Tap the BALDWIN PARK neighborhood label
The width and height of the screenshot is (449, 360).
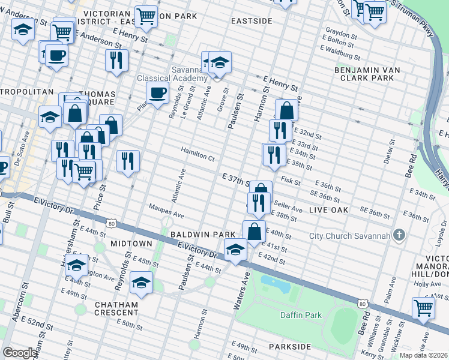click(x=195, y=234)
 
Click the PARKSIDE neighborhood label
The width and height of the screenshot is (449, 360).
click(x=290, y=347)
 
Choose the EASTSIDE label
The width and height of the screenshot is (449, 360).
click(x=252, y=21)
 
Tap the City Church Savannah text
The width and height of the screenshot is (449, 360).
click(x=350, y=235)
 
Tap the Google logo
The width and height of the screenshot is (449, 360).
click(x=20, y=353)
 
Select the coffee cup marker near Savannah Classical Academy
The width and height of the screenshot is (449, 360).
click(x=158, y=93)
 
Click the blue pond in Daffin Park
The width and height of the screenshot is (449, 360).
click(x=275, y=282)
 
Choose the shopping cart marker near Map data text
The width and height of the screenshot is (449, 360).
click(x=424, y=308)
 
